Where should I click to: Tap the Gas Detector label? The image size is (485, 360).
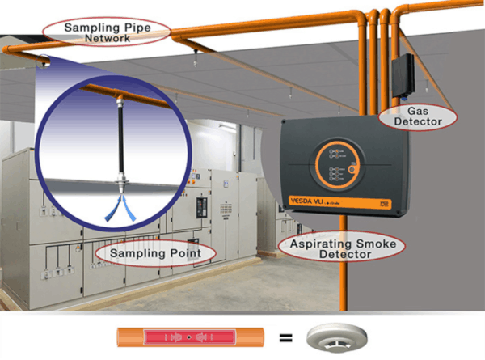pos(418,116)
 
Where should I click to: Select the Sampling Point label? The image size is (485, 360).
pos(155,253)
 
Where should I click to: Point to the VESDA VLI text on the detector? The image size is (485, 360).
pos(306,201)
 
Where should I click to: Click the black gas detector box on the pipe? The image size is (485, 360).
pos(403,75)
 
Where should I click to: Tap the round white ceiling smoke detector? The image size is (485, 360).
pos(337,338)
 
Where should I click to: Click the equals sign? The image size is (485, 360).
pos(286,337)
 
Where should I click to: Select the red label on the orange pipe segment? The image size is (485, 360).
pos(190,337)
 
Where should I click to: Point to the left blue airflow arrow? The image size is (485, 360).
pos(113,209)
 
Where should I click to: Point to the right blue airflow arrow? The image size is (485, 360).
pos(129,209)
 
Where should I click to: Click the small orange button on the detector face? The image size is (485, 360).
pos(352,170)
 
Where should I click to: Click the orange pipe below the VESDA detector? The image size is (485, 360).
pos(344,263)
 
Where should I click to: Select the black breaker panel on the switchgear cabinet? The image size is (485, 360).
pos(201,208)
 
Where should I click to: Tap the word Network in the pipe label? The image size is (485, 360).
pos(108,38)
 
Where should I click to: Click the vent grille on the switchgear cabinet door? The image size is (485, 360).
pos(226,209)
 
